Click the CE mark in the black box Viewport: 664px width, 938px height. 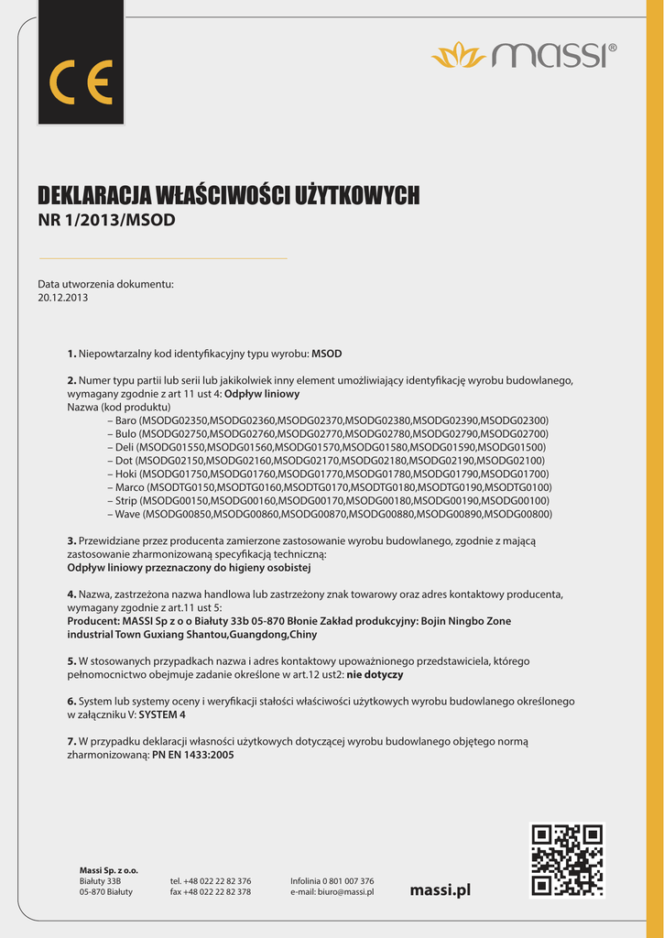[81, 82]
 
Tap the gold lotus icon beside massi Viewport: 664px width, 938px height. [459, 55]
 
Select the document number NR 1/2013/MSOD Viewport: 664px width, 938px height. [106, 221]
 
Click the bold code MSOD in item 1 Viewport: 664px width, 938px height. [327, 353]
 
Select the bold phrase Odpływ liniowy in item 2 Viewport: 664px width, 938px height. [262, 393]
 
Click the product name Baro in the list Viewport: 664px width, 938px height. [126, 420]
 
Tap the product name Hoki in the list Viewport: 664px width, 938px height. [126, 474]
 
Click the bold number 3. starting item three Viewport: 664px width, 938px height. [71, 541]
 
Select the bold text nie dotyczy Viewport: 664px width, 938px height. [375, 673]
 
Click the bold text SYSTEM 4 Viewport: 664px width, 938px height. [162, 714]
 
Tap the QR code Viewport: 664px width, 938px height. [567, 859]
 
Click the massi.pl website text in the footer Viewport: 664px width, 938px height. [441, 889]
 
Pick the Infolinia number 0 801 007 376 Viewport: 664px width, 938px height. [344, 880]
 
